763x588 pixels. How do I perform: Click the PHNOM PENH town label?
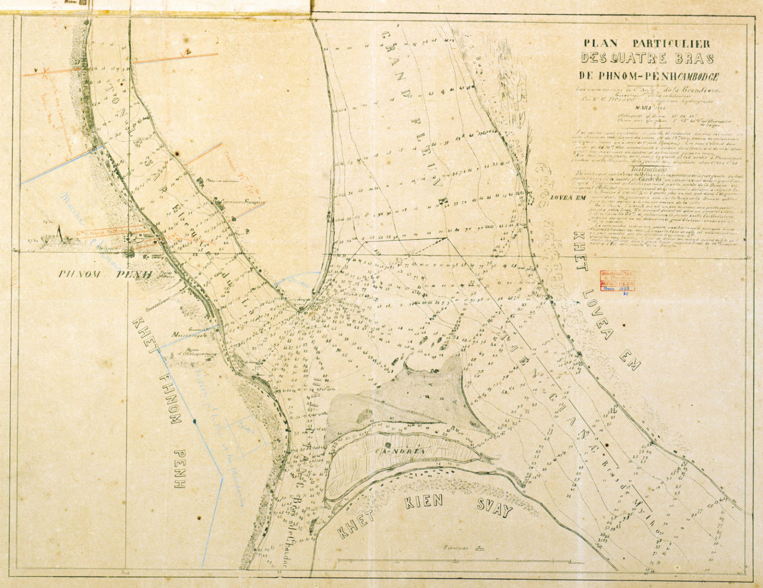click(x=105, y=274)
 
